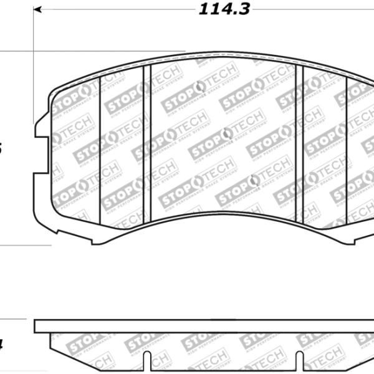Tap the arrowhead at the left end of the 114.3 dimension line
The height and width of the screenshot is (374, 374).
(37, 10)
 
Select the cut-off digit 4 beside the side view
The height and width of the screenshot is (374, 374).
(2, 342)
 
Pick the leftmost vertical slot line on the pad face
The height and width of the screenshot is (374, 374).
(100, 150)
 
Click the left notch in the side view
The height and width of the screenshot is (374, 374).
(148, 364)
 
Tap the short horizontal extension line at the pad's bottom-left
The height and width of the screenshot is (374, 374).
(25, 245)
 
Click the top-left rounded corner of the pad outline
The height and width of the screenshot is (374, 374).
(52, 93)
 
